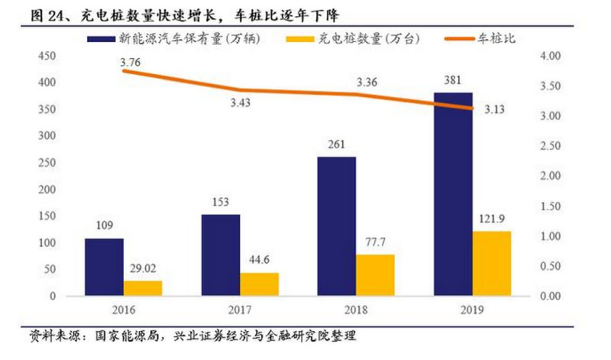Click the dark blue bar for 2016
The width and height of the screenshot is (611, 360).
[104, 267]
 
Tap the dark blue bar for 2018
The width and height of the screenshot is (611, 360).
[337, 226]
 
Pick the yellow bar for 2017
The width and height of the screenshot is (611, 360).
[259, 284]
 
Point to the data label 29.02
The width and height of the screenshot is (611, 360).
[143, 269]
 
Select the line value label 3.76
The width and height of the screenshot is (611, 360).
[130, 63]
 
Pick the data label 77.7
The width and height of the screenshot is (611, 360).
[376, 243]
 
